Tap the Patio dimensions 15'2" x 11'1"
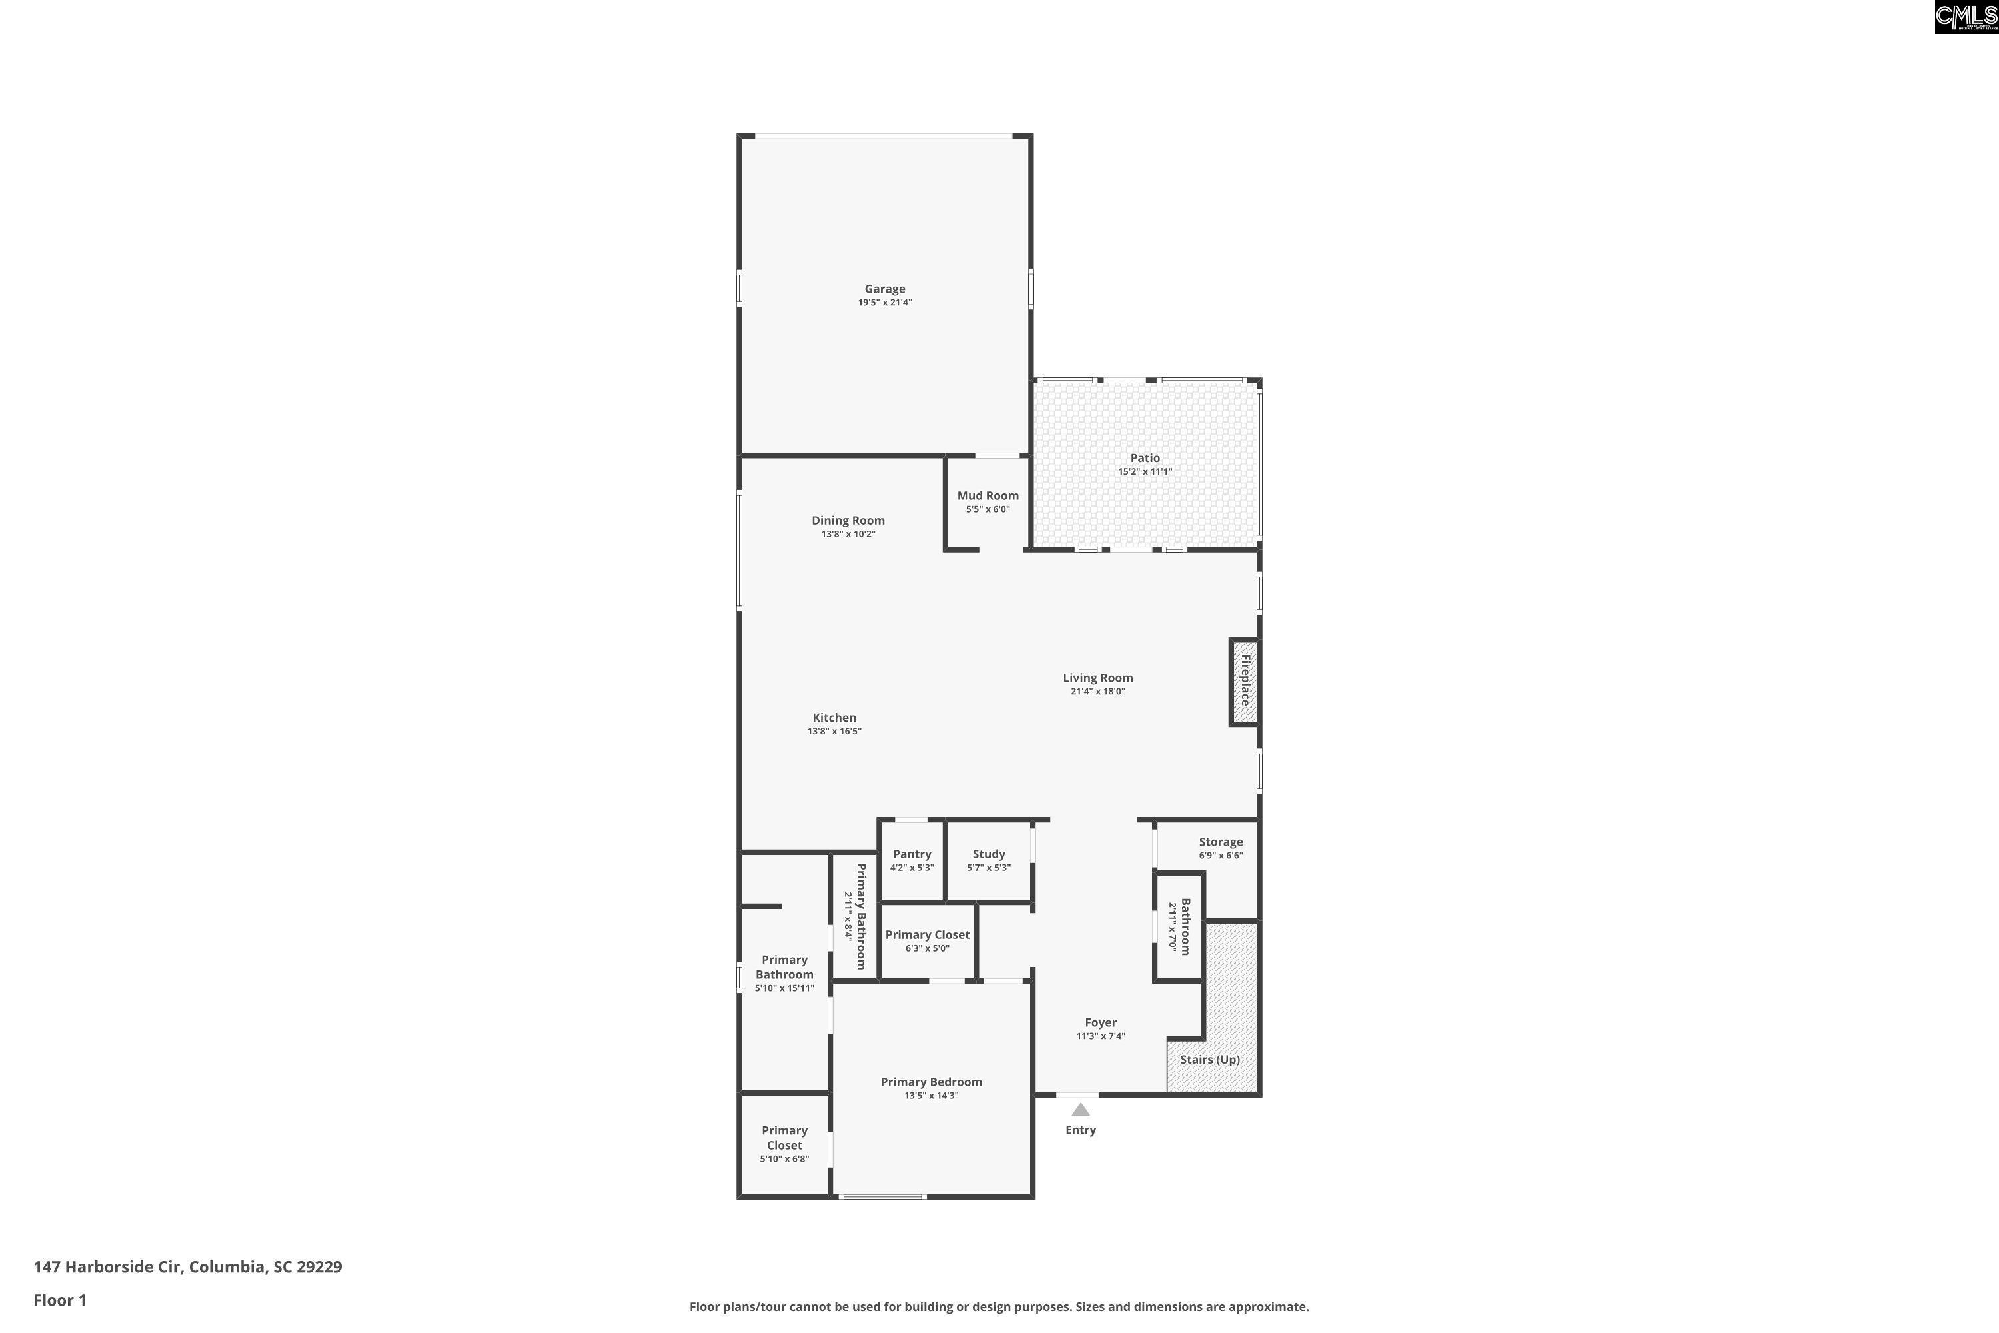pyautogui.click(x=1145, y=472)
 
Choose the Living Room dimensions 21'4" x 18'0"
pyautogui.click(x=1098, y=692)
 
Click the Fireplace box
pyautogui.click(x=1244, y=682)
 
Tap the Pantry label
pyautogui.click(x=912, y=854)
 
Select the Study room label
pyautogui.click(x=988, y=854)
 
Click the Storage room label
pyautogui.click(x=1221, y=842)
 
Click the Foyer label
pyautogui.click(x=1101, y=1022)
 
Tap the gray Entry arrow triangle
pyautogui.click(x=1081, y=1110)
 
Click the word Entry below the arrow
pyautogui.click(x=1081, y=1130)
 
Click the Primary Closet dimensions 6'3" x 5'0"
pyautogui.click(x=928, y=948)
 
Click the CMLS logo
pyautogui.click(x=1966, y=17)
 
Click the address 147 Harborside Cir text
pyautogui.click(x=107, y=1267)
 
